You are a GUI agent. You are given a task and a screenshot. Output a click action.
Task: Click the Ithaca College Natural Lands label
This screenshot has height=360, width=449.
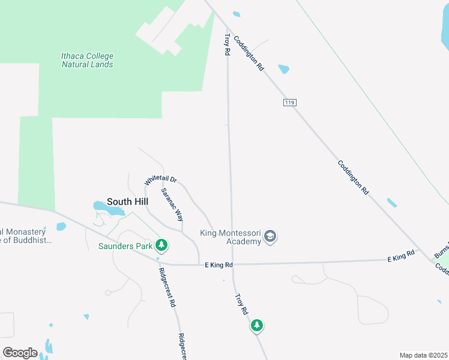pyautogui.click(x=87, y=60)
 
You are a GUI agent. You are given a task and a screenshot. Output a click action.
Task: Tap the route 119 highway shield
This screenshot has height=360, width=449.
pyautogui.click(x=289, y=103)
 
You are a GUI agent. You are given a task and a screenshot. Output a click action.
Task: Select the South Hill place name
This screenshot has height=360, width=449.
pyautogui.click(x=127, y=202)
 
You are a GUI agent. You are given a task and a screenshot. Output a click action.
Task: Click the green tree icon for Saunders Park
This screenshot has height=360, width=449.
pyautogui.click(x=161, y=245)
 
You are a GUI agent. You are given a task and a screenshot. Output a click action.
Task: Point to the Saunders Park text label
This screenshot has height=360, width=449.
pyautogui.click(x=125, y=245)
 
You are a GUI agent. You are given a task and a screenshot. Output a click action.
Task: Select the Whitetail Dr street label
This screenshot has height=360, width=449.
pyautogui.click(x=161, y=180)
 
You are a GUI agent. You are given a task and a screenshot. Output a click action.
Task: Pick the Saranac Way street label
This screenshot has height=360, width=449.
pyautogui.click(x=172, y=205)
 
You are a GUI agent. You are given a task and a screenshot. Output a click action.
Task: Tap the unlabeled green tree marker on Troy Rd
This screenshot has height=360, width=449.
pyautogui.click(x=257, y=325)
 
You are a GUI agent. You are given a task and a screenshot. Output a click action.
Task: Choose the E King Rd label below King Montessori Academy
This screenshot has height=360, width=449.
pyautogui.click(x=218, y=264)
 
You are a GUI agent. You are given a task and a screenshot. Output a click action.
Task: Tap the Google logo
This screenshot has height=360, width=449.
pyautogui.click(x=20, y=352)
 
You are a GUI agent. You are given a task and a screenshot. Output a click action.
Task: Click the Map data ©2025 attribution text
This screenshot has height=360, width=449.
pyautogui.click(x=423, y=355)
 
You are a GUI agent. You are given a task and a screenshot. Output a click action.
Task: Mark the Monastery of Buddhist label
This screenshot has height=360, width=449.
pyautogui.click(x=26, y=236)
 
